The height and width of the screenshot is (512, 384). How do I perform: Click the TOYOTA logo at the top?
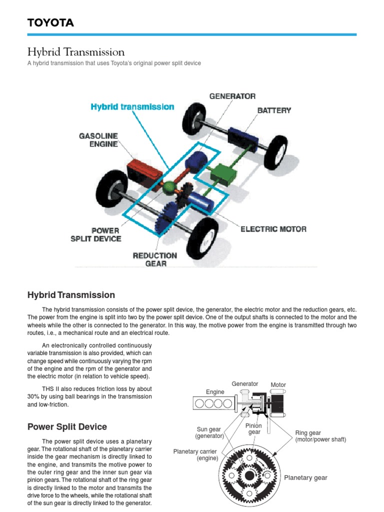(50, 22)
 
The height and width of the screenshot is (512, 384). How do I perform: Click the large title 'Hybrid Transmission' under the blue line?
(75, 52)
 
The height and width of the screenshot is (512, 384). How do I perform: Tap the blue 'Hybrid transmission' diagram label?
(132, 106)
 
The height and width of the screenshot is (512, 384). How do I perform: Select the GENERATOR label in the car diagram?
(232, 96)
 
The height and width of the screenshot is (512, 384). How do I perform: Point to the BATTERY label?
(274, 110)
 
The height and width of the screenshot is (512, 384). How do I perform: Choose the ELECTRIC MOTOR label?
(273, 229)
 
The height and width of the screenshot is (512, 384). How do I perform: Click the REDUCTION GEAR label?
(155, 259)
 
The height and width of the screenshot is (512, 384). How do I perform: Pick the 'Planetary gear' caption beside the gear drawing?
(305, 477)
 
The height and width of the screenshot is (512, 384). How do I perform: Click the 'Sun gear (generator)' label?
(209, 432)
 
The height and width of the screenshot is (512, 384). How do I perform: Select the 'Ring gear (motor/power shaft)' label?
(320, 436)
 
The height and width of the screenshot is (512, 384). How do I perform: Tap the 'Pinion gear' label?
(254, 428)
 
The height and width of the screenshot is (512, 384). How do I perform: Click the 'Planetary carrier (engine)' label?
(196, 454)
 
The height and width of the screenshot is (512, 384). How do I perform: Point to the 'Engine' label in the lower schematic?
(215, 392)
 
